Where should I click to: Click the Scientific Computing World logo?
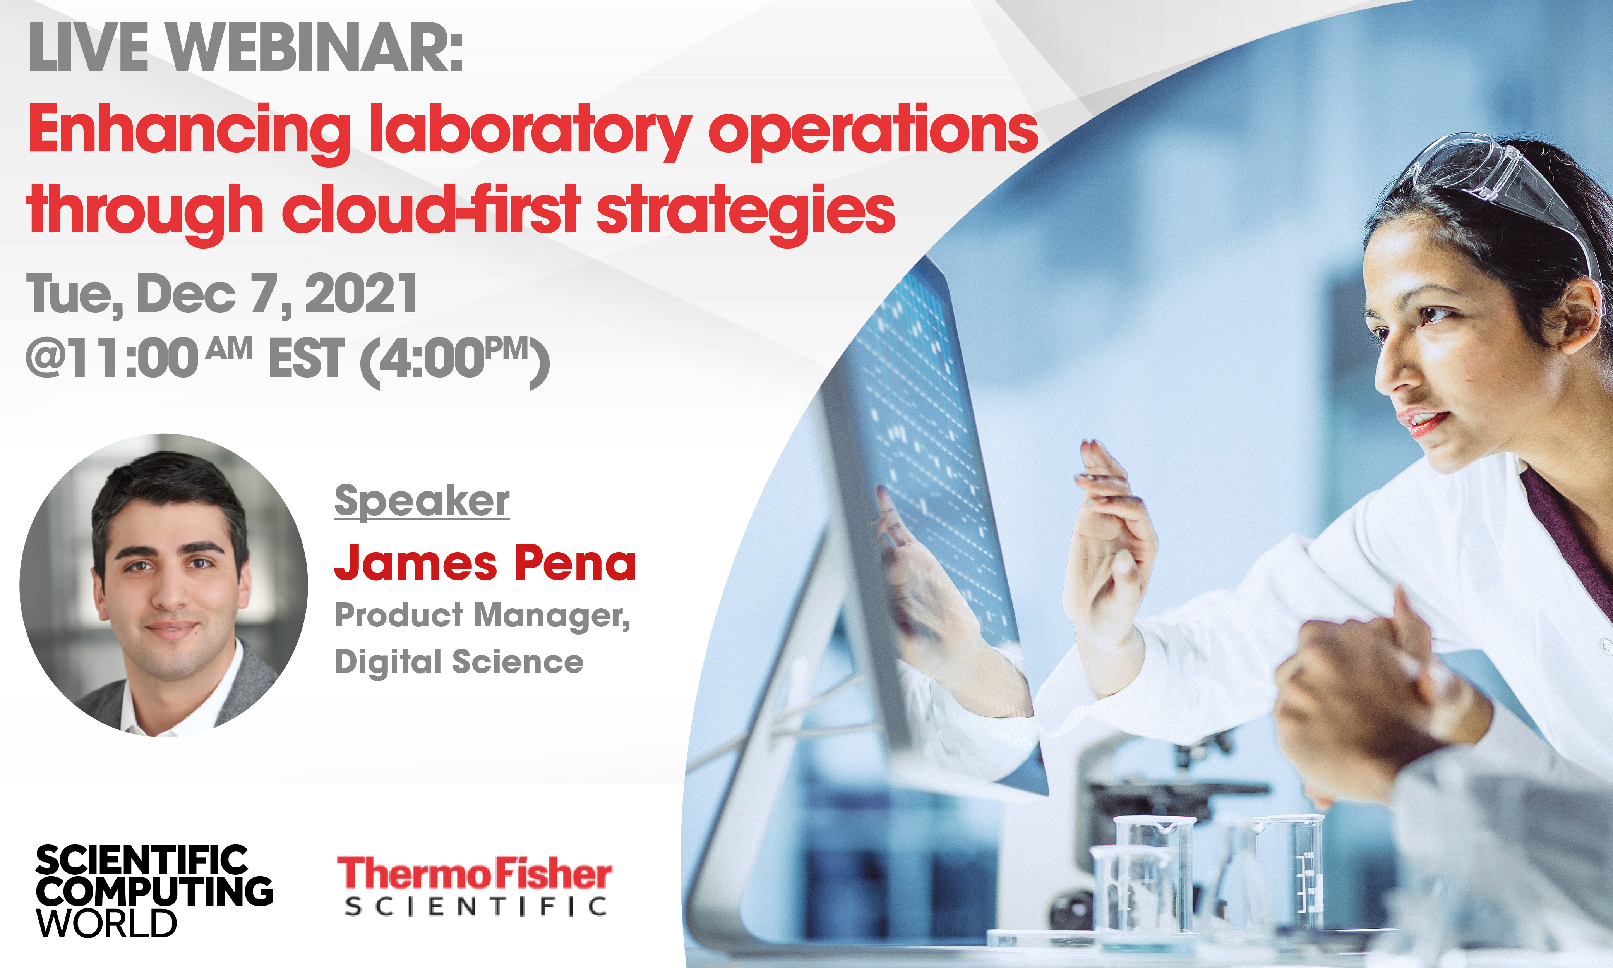click(x=154, y=891)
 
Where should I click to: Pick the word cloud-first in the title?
click(x=432, y=210)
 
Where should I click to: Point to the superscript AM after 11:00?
click(x=230, y=349)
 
